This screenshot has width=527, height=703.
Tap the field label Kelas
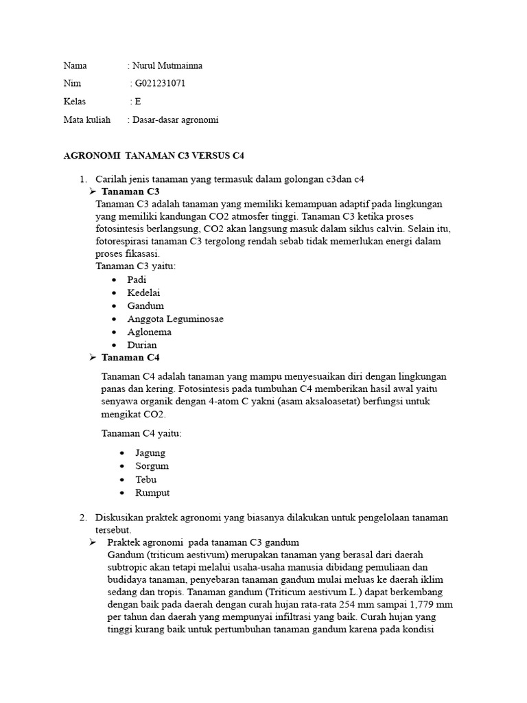pos(75,102)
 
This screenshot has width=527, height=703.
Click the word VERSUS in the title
pos(206,156)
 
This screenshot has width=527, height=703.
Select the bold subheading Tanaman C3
pos(130,191)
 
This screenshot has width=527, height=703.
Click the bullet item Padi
pos(137,279)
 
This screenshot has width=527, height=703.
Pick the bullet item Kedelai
pos(142,292)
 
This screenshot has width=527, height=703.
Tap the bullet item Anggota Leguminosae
pos(175,319)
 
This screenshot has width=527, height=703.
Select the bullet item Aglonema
pos(149,332)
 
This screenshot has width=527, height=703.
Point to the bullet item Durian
pos(141,345)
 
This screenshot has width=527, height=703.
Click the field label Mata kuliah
pos(87,119)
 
